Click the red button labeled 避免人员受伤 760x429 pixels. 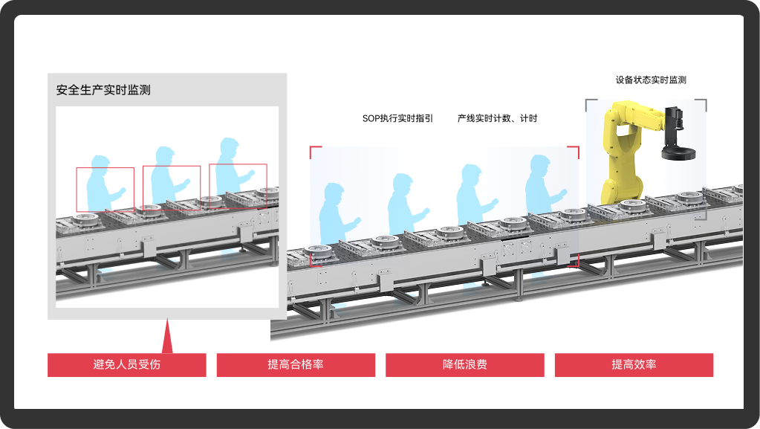coord(126,364)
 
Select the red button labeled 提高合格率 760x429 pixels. coord(296,364)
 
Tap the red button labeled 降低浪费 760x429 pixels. coord(464,364)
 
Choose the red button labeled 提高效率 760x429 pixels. coord(634,364)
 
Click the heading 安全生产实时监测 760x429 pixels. coord(103,90)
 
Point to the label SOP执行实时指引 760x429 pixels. coord(397,118)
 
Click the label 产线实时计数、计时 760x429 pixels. coord(497,118)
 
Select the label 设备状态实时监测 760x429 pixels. coord(651,80)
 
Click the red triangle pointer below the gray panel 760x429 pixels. coord(167,338)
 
